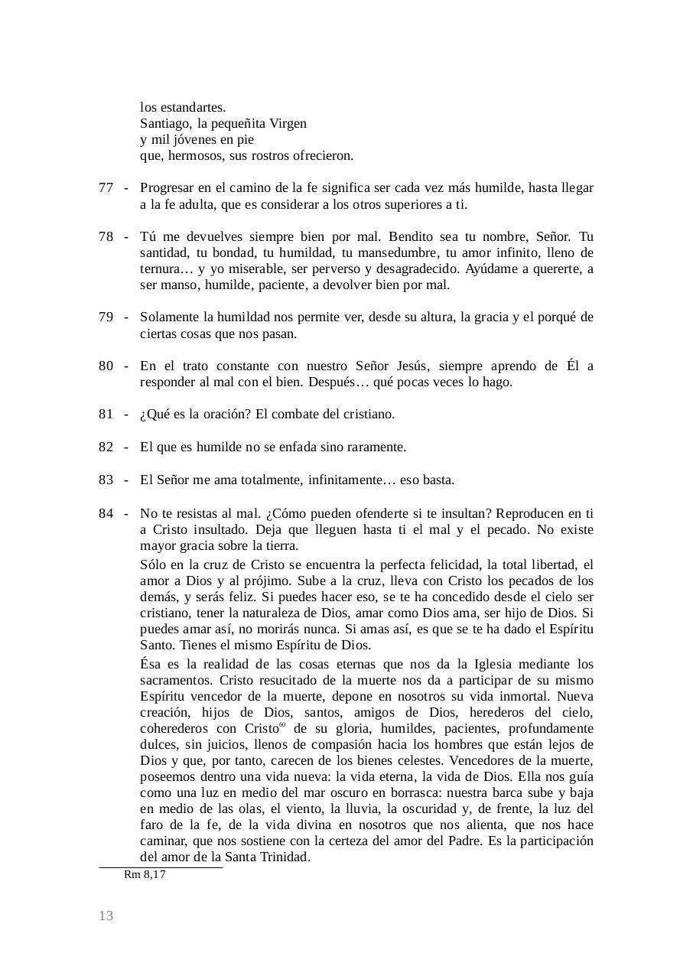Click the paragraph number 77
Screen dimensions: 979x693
pos(106,188)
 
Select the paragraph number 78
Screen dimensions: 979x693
pos(106,236)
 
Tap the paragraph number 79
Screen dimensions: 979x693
pos(106,317)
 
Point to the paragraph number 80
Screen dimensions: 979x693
pos(106,366)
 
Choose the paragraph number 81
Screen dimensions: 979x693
pos(106,415)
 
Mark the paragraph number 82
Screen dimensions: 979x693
pos(106,447)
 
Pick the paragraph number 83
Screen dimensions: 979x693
pos(106,480)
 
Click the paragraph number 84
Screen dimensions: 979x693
pos(106,513)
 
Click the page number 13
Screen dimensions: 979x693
pos(106,916)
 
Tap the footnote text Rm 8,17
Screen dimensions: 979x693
pos(145,875)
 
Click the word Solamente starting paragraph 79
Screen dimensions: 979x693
pos(171,317)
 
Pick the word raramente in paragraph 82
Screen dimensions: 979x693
pos(374,447)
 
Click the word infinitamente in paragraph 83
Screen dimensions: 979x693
pos(344,480)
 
